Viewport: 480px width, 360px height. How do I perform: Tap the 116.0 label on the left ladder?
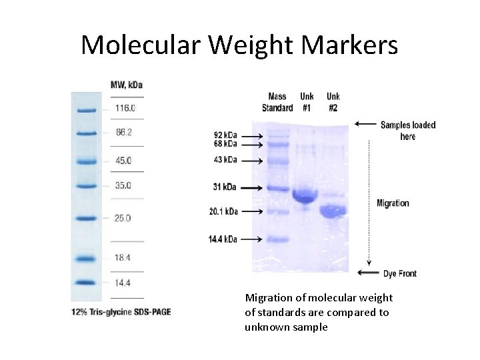pyautogui.click(x=125, y=108)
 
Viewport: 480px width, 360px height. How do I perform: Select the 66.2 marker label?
pyautogui.click(x=124, y=132)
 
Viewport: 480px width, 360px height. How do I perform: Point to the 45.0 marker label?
pyautogui.click(x=124, y=161)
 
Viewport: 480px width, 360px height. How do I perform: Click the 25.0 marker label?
pyautogui.click(x=123, y=218)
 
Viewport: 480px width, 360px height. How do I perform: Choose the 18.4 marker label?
pyautogui.click(x=123, y=257)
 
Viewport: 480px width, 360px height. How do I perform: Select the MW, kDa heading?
pyautogui.click(x=127, y=85)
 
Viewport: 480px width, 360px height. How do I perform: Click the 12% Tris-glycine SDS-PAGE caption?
pyautogui.click(x=121, y=312)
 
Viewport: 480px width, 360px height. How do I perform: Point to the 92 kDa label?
pyautogui.click(x=224, y=135)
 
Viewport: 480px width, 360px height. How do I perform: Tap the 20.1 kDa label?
pyautogui.click(x=223, y=211)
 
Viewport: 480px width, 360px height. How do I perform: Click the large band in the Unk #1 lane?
pyautogui.click(x=305, y=195)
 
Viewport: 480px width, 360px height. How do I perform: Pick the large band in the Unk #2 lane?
pyautogui.click(x=332, y=211)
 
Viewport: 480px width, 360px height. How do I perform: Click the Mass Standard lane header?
pyautogui.click(x=277, y=102)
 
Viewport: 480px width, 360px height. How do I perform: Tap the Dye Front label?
pyautogui.click(x=400, y=273)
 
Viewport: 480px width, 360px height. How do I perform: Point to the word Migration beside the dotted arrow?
pyautogui.click(x=393, y=203)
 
